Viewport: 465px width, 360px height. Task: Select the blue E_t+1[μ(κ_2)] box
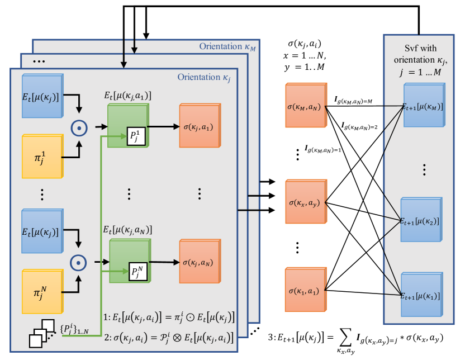(422, 220)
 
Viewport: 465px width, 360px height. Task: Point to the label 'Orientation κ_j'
(204, 77)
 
